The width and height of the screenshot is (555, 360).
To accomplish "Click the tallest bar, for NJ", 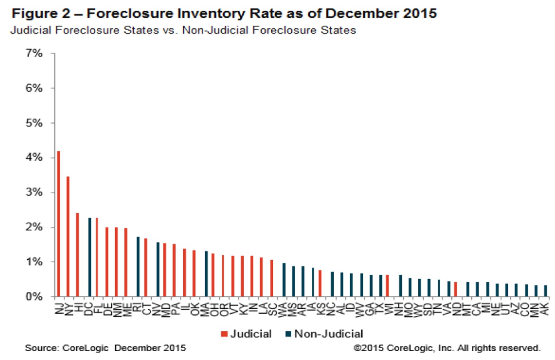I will click(x=58, y=224).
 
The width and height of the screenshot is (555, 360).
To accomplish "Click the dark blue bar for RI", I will click(x=138, y=266).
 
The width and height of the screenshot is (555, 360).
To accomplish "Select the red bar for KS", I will click(x=320, y=283).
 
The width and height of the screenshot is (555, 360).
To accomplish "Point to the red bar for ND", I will click(x=455, y=289).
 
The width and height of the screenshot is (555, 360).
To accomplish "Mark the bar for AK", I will click(x=545, y=291).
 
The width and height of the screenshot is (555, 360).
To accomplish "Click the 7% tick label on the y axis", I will click(x=34, y=53).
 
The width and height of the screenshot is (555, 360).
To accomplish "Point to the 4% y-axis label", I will click(x=34, y=158).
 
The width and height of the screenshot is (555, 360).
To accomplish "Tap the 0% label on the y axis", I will click(x=34, y=297).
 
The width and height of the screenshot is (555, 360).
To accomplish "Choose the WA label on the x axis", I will click(x=284, y=310).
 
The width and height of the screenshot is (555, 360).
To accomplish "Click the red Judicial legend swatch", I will click(x=224, y=334).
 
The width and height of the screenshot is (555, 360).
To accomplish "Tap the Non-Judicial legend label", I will click(x=329, y=334).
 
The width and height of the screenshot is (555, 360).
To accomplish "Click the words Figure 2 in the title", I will click(x=41, y=14).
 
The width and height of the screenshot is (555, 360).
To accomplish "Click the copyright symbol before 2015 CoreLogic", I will click(x=357, y=348).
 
